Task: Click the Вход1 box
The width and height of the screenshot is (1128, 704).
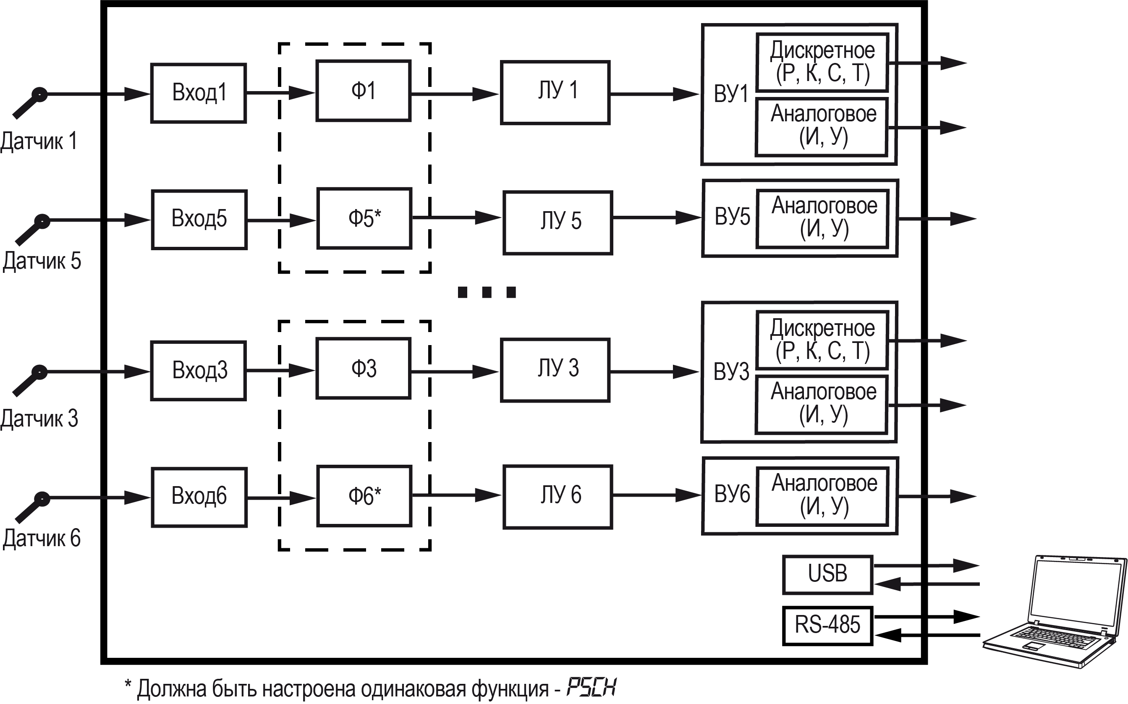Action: (198, 93)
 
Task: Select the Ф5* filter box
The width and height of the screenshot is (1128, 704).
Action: (364, 218)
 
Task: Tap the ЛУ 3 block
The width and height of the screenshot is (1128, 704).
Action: (555, 370)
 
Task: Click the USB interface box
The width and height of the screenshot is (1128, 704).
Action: (827, 575)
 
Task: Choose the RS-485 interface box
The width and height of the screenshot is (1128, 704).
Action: (827, 625)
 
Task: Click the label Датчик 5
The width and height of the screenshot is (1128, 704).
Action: (42, 261)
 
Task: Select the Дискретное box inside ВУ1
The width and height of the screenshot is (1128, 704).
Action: (822, 63)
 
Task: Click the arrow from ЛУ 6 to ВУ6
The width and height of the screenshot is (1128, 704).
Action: (657, 495)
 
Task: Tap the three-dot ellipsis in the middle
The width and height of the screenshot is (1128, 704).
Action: (487, 292)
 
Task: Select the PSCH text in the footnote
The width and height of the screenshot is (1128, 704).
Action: (591, 687)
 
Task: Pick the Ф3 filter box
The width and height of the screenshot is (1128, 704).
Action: (363, 368)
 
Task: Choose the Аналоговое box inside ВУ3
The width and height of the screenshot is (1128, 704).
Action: (821, 404)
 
